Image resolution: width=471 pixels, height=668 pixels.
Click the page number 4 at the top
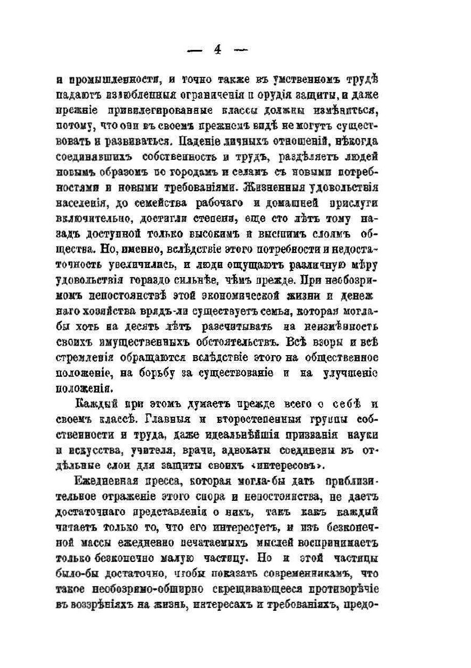217,49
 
